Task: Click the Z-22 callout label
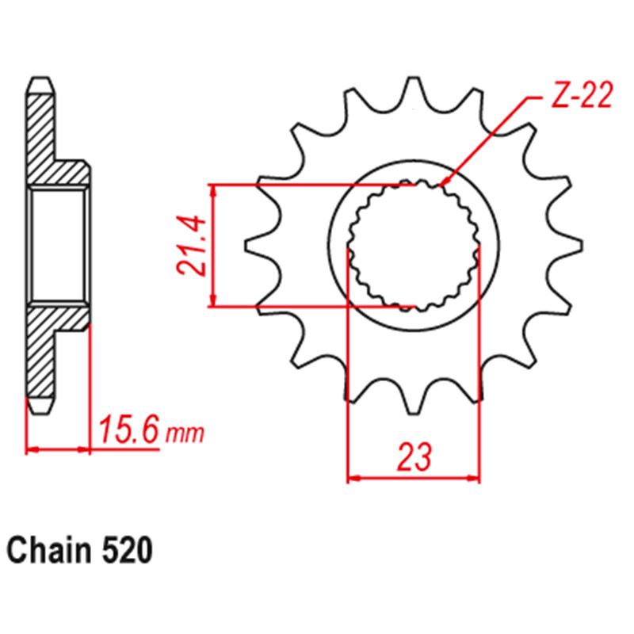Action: tap(579, 97)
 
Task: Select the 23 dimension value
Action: tap(414, 457)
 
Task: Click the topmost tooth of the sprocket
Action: tap(411, 86)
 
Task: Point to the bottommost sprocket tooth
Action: tap(411, 404)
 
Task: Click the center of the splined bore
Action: tap(414, 245)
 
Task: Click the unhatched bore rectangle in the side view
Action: tap(57, 245)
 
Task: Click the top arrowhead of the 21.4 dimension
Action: tap(212, 190)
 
